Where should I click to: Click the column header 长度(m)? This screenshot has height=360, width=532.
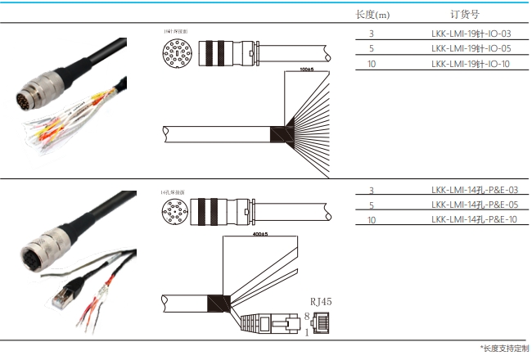pyautogui.click(x=372, y=14)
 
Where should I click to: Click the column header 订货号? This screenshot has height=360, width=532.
pyautogui.click(x=464, y=14)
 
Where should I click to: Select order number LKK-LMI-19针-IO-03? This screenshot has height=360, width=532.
pyautogui.click(x=471, y=34)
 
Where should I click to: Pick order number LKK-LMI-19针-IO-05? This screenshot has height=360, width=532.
pyautogui.click(x=471, y=48)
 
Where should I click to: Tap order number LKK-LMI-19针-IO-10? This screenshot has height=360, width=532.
pyautogui.click(x=471, y=63)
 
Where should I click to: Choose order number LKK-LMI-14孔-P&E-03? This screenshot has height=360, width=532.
pyautogui.click(x=474, y=191)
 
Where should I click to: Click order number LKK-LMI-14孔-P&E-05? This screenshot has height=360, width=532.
pyautogui.click(x=474, y=205)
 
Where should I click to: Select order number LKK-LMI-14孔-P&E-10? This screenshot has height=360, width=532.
pyautogui.click(x=474, y=220)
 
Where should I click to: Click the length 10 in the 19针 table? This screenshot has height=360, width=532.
pyautogui.click(x=372, y=63)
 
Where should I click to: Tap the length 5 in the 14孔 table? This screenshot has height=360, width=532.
pyautogui.click(x=372, y=205)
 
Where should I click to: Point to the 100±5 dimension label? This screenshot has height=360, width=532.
pyautogui.click(x=307, y=70)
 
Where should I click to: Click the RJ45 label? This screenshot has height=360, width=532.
pyautogui.click(x=320, y=301)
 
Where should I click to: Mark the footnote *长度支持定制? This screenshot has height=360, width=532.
pyautogui.click(x=504, y=349)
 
